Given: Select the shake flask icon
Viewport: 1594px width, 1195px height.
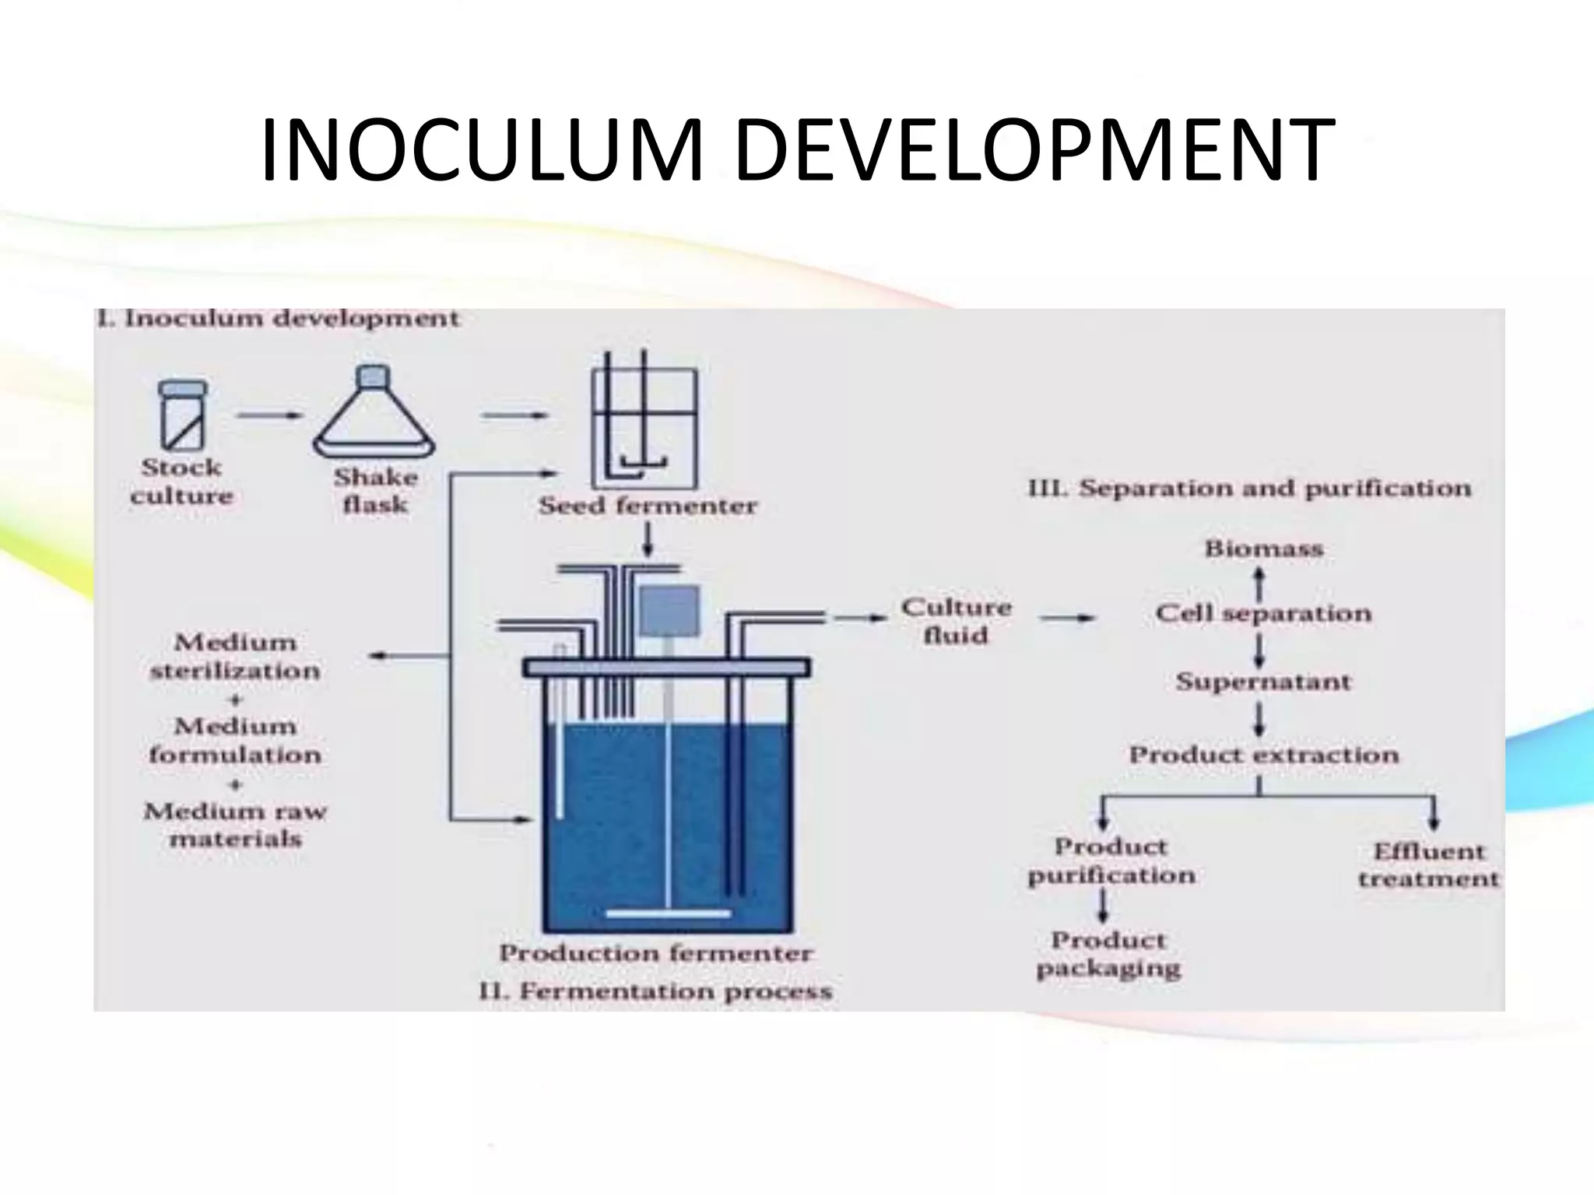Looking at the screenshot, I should pyautogui.click(x=374, y=413).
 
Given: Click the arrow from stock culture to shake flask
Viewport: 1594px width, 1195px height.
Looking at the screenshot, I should pyautogui.click(x=269, y=415).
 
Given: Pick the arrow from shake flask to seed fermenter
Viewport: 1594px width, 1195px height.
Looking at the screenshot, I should pyautogui.click(x=514, y=415).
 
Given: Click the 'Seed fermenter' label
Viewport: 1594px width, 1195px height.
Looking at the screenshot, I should pyautogui.click(x=648, y=506).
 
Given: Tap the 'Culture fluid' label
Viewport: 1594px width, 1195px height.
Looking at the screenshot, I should pyautogui.click(x=957, y=621).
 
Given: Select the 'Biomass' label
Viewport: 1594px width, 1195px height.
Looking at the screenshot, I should pyautogui.click(x=1263, y=549).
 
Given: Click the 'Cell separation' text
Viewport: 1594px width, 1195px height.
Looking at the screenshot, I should pyautogui.click(x=1263, y=614).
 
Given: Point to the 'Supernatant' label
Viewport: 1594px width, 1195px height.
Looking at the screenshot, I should pyautogui.click(x=1263, y=682).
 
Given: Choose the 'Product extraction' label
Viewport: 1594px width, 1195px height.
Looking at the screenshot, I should pyautogui.click(x=1263, y=755).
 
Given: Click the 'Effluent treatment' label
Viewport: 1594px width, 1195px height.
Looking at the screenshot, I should pyautogui.click(x=1428, y=865).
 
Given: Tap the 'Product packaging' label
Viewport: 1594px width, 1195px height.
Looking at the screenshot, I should pyautogui.click(x=1108, y=955).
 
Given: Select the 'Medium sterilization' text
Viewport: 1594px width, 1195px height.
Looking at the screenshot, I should pyautogui.click(x=235, y=657).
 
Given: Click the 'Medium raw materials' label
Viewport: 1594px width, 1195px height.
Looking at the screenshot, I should pyautogui.click(x=235, y=825).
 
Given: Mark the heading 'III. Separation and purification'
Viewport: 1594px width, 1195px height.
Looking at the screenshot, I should pyautogui.click(x=1249, y=489).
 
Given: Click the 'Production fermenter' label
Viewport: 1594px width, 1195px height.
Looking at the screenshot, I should pyautogui.click(x=655, y=953).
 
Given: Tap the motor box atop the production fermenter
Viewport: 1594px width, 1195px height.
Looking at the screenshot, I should pyautogui.click(x=669, y=612).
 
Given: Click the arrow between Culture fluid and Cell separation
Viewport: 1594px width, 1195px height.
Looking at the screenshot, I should pyautogui.click(x=1066, y=619).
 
